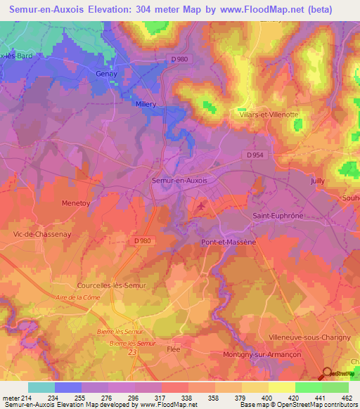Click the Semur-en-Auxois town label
pos(179,180)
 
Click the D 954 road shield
pos(257,155)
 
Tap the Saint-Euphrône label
pos(278,216)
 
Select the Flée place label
pos(174,348)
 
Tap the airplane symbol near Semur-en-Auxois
pos(202,206)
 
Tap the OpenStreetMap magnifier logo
pos(326,372)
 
